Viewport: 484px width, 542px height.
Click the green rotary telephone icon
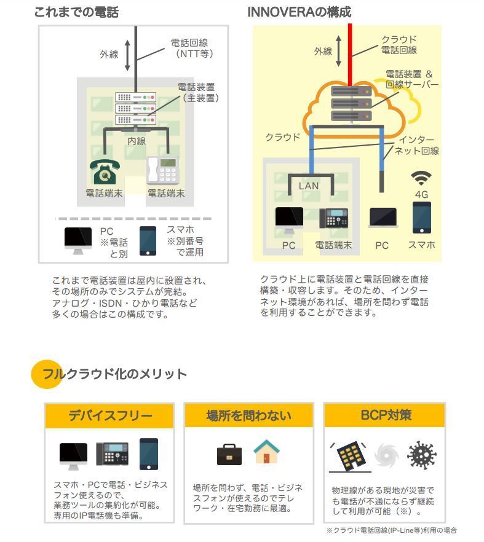105,172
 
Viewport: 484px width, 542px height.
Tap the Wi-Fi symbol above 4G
421,178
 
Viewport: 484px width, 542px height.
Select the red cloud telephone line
350,55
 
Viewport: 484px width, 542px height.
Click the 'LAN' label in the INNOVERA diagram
309,186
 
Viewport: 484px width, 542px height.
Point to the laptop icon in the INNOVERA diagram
383,218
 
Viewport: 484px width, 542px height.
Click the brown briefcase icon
229,455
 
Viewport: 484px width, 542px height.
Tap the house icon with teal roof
266,452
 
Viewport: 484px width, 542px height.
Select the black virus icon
421,455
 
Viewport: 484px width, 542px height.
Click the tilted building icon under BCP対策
350,456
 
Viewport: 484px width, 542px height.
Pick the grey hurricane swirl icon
386,455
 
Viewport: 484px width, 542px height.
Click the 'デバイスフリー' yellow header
109,415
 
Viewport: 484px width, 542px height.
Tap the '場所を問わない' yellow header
248,415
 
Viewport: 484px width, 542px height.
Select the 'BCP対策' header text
386,415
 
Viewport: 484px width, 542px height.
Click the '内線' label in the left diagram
137,141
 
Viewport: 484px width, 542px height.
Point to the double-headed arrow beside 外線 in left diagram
127,55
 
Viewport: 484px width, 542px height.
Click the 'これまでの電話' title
76,12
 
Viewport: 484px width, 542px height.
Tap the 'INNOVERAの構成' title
300,12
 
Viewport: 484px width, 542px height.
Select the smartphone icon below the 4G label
422,218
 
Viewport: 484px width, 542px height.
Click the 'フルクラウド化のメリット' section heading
114,374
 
